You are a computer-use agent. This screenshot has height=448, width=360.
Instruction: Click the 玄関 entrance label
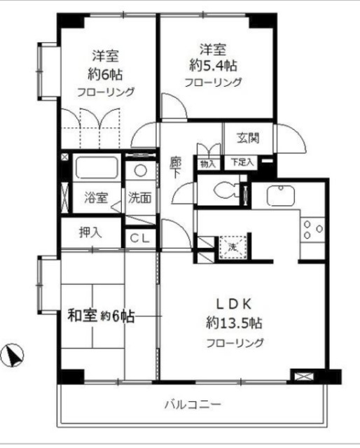click(x=247, y=138)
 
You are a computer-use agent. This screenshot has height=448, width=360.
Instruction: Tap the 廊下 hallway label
click(x=176, y=169)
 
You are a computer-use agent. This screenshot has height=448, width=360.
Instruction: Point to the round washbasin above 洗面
click(x=141, y=170)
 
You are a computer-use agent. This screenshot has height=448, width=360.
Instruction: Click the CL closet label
click(x=140, y=238)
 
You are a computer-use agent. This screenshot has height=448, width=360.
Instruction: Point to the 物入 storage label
click(x=208, y=163)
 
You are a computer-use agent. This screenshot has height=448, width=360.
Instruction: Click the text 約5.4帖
click(x=213, y=65)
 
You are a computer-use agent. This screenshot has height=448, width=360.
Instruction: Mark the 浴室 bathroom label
click(x=97, y=197)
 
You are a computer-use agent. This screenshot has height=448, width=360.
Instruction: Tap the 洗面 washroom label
click(x=139, y=197)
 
